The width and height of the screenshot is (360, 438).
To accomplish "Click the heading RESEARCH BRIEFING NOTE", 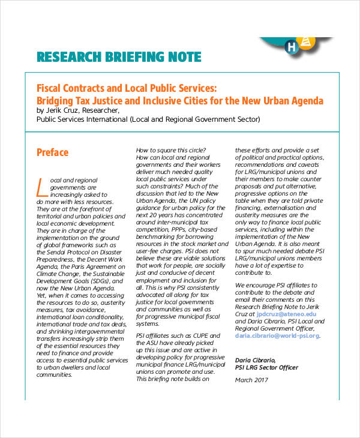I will (x=118, y=58).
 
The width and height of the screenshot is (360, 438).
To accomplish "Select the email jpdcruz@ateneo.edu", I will (x=286, y=313).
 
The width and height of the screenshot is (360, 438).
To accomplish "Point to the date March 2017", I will (x=253, y=380).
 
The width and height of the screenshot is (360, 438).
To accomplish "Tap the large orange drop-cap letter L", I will (x=42, y=187).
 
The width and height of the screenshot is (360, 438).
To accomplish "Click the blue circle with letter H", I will (x=292, y=46).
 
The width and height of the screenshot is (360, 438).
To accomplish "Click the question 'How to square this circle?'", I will (x=171, y=150).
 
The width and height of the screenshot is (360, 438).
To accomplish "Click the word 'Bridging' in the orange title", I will (x=57, y=100).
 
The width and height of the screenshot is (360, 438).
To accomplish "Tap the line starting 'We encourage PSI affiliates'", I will (x=276, y=284).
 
